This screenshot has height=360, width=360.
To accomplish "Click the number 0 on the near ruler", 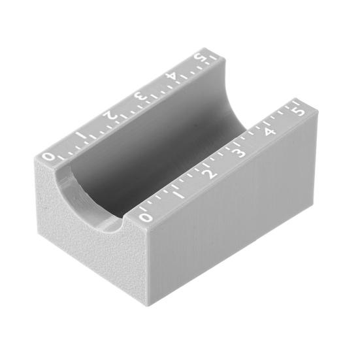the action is click(x=146, y=217).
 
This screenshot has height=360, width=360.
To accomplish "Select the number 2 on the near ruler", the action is click(x=212, y=174).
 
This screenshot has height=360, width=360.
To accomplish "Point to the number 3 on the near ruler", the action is click(x=240, y=152).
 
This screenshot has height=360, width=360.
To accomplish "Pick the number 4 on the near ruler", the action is click(x=270, y=131).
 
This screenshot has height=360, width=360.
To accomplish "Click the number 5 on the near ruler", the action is click(x=300, y=112).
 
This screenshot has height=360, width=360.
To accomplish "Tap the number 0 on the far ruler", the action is click(x=48, y=157).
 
